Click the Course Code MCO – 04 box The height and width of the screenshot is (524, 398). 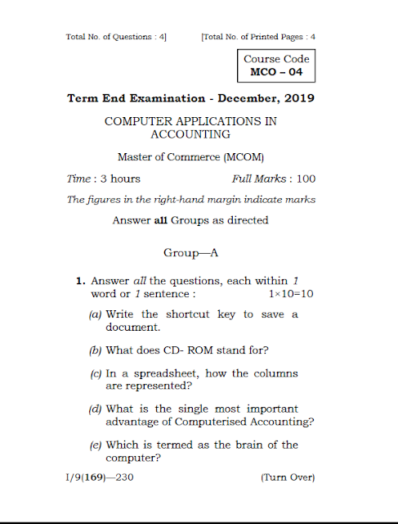point(276,66)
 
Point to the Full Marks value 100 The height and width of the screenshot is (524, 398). point(306,178)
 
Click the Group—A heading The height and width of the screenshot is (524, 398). point(190,253)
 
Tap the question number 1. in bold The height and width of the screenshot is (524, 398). point(81,281)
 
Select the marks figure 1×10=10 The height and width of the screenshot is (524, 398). point(291,293)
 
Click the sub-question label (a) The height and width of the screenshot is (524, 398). point(96,314)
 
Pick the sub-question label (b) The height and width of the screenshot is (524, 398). point(96,350)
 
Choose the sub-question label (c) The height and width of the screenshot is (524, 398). point(96,373)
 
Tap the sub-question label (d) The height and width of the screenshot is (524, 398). point(96,409)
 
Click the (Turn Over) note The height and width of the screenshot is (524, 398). point(287,477)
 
